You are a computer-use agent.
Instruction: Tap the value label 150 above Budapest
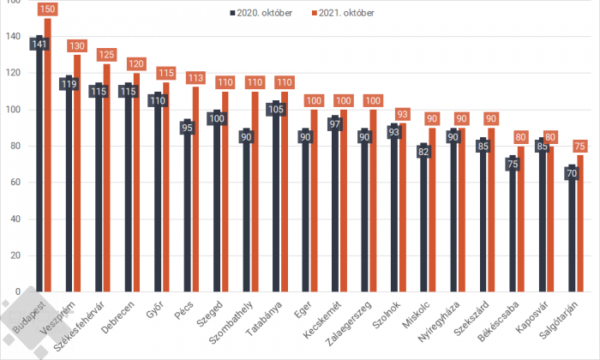tap(47, 9)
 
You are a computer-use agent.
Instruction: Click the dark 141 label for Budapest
tap(39, 44)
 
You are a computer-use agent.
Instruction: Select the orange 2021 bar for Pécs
tap(195, 197)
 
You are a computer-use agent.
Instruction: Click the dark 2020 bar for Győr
tap(157, 197)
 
